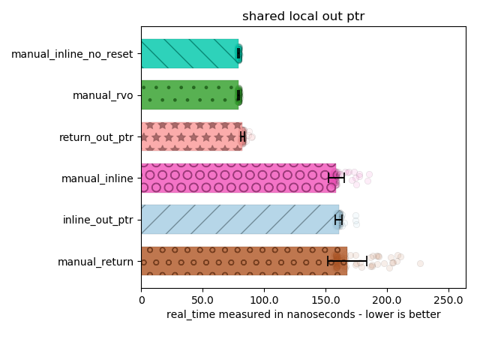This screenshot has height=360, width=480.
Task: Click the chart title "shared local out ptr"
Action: pyautogui.click(x=303, y=16)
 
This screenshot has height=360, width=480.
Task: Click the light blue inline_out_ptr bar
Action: pyautogui.click(x=238, y=220)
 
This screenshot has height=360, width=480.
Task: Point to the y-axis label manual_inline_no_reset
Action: pyautogui.click(x=72, y=54)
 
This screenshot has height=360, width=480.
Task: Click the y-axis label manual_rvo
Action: pyautogui.click(x=103, y=95)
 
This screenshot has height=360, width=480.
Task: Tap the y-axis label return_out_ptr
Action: pyautogui.click(x=96, y=137)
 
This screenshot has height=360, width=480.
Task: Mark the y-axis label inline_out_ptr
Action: pyautogui.click(x=98, y=220)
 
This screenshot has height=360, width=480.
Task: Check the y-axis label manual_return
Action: pyautogui.click(x=95, y=262)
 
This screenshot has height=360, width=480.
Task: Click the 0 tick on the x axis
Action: pyautogui.click(x=142, y=298)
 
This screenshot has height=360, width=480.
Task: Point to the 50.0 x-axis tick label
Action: pyautogui.click(x=202, y=298)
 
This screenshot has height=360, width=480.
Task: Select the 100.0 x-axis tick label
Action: pyautogui.click(x=264, y=298)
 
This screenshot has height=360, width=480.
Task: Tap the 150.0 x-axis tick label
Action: pyautogui.click(x=325, y=298)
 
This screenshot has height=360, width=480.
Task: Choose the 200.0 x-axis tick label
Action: pyautogui.click(x=387, y=298)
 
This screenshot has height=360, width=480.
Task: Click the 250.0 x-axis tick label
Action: pyautogui.click(x=448, y=298)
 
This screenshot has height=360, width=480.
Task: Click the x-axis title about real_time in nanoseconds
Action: pyautogui.click(x=303, y=314)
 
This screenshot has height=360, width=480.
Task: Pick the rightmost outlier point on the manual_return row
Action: pyautogui.click(x=420, y=263)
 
